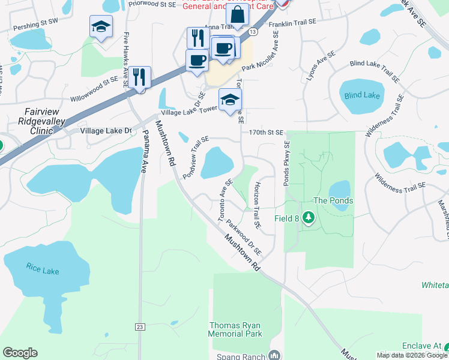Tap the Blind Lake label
pyautogui.click(x=362, y=95)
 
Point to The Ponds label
pyautogui.click(x=333, y=200)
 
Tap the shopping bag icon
pyautogui.click(x=238, y=14)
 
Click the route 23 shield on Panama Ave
pyautogui.click(x=140, y=327)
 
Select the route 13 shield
pyautogui.click(x=253, y=31)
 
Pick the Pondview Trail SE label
pyautogui.click(x=196, y=157)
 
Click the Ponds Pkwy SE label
pyautogui.click(x=287, y=163)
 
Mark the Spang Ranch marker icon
pyautogui.click(x=274, y=356)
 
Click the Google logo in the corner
pyautogui.click(x=20, y=353)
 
